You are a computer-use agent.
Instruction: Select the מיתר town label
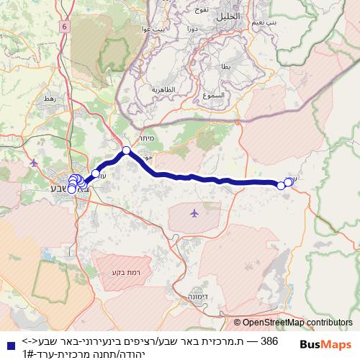click(x=148, y=143)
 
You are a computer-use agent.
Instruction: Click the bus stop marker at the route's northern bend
click(x=126, y=150)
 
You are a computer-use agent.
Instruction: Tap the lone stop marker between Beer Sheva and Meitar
click(x=96, y=174)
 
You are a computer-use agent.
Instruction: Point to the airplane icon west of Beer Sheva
click(x=34, y=163)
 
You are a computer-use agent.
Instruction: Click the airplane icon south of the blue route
click(x=194, y=213)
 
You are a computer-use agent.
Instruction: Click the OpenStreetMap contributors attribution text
click(x=293, y=323)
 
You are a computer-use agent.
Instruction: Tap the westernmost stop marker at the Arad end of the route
click(x=281, y=186)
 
